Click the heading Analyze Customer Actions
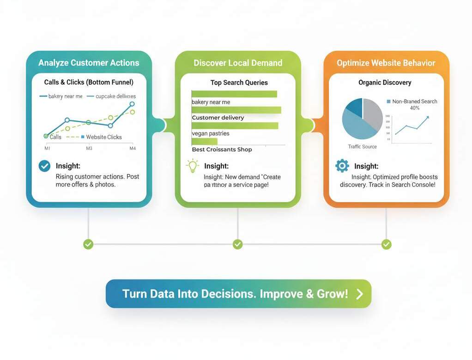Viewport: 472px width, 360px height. (x=89, y=63)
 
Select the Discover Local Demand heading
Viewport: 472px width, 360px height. (x=238, y=63)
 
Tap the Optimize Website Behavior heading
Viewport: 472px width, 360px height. (x=386, y=63)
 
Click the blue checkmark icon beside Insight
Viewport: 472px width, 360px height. (x=44, y=166)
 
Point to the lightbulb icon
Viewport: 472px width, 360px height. (x=192, y=166)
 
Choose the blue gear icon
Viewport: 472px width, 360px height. (x=342, y=166)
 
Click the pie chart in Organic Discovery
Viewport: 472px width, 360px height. (x=363, y=119)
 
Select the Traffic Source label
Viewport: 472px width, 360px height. (x=363, y=147)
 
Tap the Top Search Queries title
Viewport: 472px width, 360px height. (x=239, y=83)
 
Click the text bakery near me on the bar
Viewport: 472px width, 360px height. (x=211, y=102)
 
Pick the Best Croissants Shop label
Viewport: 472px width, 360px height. (x=222, y=150)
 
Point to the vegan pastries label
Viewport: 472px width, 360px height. (x=211, y=133)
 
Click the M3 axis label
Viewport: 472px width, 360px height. (x=89, y=149)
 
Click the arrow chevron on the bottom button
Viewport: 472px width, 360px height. (x=360, y=294)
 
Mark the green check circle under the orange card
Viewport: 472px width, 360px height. (x=387, y=244)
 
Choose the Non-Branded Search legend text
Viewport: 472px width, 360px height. (x=414, y=102)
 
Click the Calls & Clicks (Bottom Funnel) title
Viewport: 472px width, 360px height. (x=89, y=82)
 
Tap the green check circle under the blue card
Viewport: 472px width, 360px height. (x=88, y=244)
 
